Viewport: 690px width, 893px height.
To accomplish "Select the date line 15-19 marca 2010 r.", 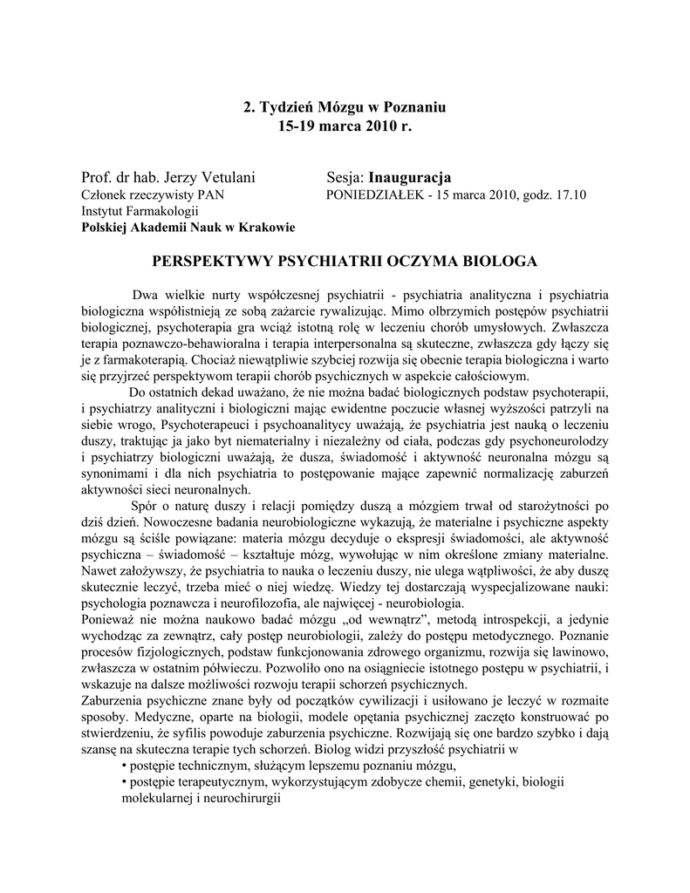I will pos(344,126).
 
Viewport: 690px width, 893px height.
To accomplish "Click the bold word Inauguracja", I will pos(409,179).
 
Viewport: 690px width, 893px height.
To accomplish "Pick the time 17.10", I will pos(570,195).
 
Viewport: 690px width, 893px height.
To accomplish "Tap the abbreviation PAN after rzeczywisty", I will pos(211,195).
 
